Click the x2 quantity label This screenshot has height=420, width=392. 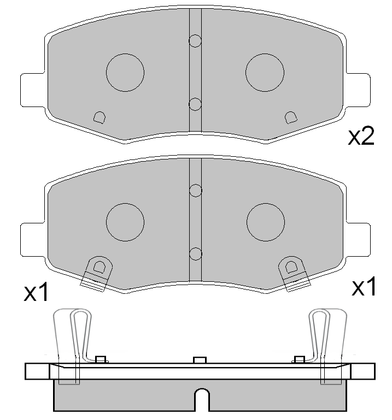tap(361, 137)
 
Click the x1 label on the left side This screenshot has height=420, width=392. tap(36, 293)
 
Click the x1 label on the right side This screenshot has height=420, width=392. tap(364, 287)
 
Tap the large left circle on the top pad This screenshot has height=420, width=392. tap(125, 73)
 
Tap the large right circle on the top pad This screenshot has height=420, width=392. tap(265, 73)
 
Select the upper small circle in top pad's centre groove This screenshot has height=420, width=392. tap(195, 40)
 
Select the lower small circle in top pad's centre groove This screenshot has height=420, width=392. tap(195, 103)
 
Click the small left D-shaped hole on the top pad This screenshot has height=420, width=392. tap(100, 117)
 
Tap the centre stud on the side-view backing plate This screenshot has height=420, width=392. tap(200, 360)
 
